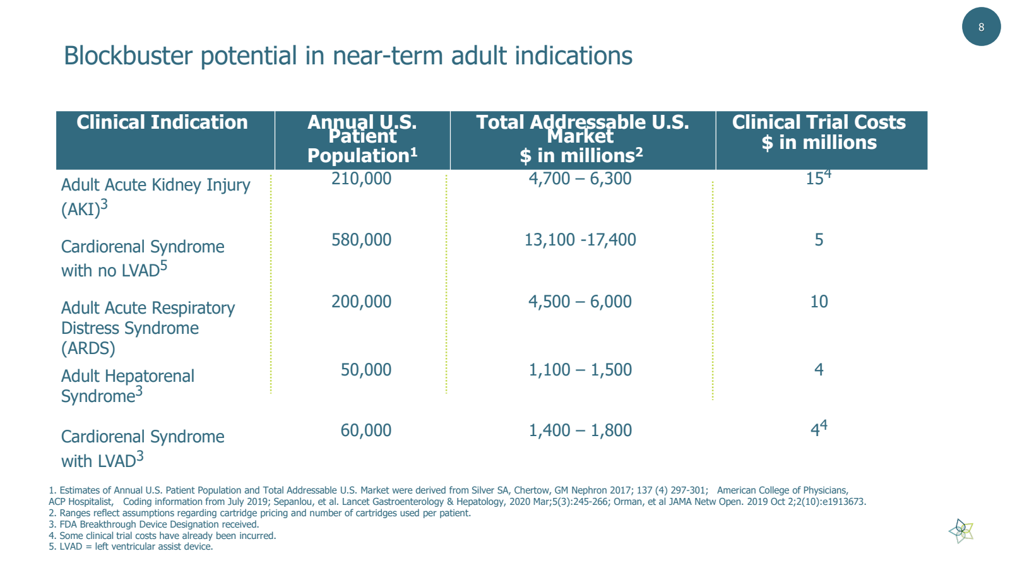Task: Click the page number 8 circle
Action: click(x=981, y=27)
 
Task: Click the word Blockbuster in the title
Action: click(x=128, y=56)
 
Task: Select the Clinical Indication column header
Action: click(x=162, y=122)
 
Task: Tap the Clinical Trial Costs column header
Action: click(x=819, y=132)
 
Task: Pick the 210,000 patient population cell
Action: click(x=361, y=179)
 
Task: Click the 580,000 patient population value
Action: click(x=361, y=240)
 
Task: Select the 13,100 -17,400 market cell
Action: click(x=580, y=240)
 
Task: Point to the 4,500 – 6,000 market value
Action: click(x=579, y=302)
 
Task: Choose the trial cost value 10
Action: click(x=819, y=302)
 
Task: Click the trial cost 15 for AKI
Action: click(x=816, y=179)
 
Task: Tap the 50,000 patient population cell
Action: click(x=365, y=370)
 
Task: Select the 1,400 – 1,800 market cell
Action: click(x=579, y=430)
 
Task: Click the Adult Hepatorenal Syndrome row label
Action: click(x=128, y=386)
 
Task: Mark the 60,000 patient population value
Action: click(x=365, y=430)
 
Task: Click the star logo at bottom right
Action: click(x=961, y=531)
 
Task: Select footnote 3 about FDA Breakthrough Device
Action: click(x=153, y=524)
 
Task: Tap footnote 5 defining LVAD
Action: click(x=131, y=547)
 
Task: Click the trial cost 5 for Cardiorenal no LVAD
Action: click(x=819, y=240)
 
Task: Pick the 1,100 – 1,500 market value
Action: click(x=579, y=370)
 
